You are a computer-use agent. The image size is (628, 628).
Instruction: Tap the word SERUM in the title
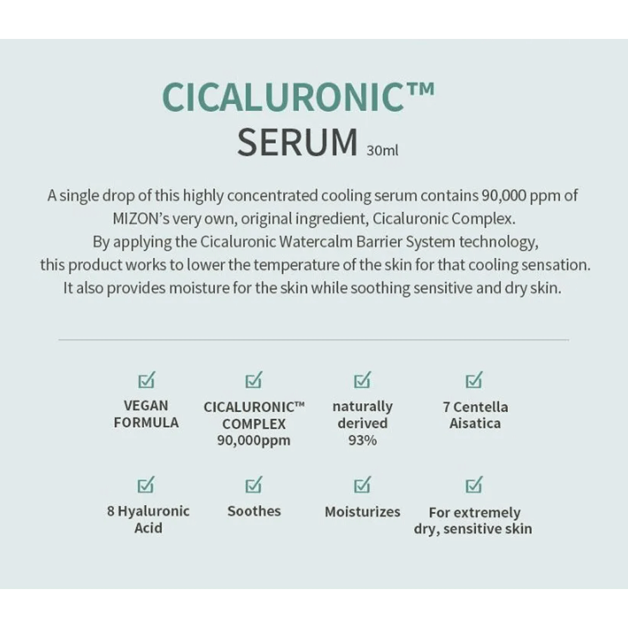point(297,143)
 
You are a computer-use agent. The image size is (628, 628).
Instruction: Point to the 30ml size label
point(382,151)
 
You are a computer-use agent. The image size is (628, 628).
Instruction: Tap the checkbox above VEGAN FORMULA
point(146,380)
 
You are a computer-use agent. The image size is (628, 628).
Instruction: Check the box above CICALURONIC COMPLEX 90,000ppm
point(254,380)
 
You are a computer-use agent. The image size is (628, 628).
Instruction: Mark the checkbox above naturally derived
point(362,380)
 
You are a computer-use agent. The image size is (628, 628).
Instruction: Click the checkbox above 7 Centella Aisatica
point(474,380)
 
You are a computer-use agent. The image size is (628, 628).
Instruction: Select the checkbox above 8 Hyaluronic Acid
point(146,485)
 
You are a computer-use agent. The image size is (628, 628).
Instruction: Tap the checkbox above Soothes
point(254,485)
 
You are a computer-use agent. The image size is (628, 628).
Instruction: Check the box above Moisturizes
point(362,485)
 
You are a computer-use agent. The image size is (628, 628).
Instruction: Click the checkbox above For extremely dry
point(474,485)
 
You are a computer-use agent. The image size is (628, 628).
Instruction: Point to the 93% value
point(362,440)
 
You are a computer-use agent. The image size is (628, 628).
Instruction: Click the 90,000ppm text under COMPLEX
point(254,440)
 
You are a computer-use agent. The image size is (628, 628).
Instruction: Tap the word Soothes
point(254,511)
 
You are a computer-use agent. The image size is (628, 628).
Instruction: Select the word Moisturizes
point(362,512)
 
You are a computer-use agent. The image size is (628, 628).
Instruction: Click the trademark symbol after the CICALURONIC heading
point(418,88)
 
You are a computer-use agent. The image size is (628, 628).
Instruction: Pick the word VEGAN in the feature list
point(146,406)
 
